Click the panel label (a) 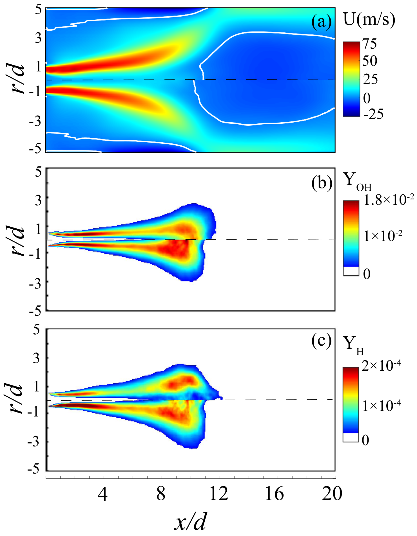[322, 22]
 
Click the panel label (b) [322, 183]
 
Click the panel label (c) [322, 341]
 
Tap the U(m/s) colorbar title [369, 20]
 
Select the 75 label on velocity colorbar [370, 44]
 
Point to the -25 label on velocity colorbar [373, 114]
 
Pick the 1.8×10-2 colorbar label [389, 200]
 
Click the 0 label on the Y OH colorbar [367, 274]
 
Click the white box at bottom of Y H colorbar [351, 437]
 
